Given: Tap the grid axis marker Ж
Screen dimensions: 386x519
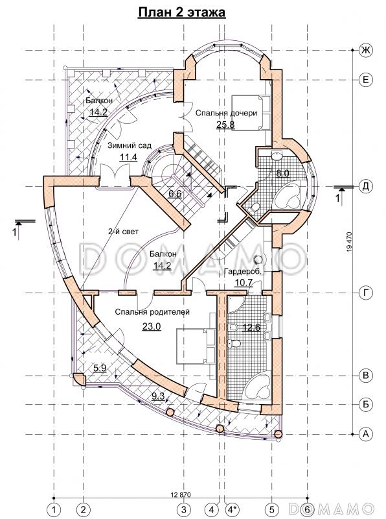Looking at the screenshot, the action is [365, 51].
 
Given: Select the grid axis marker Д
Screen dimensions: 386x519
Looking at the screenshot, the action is [365, 187].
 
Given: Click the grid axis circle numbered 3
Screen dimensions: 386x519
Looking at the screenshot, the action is [184, 508].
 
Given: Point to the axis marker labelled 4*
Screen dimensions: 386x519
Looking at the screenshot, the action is [233, 508].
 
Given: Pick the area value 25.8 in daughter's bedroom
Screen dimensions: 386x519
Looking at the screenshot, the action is [225, 125].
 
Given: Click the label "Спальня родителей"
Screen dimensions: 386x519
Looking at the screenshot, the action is [152, 312].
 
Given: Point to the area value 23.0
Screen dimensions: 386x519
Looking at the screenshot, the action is [152, 327].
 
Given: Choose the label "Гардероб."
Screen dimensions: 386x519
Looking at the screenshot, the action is [243, 272].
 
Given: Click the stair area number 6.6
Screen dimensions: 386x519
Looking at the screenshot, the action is [175, 193].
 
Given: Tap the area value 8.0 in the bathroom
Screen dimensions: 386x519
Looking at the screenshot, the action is [282, 173].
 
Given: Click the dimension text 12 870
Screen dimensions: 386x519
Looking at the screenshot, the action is [181, 495].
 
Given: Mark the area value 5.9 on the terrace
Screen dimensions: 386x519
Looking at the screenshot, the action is [100, 368].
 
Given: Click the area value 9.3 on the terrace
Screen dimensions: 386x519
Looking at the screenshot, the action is [158, 396].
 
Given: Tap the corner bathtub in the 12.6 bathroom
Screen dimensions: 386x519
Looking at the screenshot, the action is [258, 385].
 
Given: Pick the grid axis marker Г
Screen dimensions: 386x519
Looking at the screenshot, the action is [365, 293].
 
